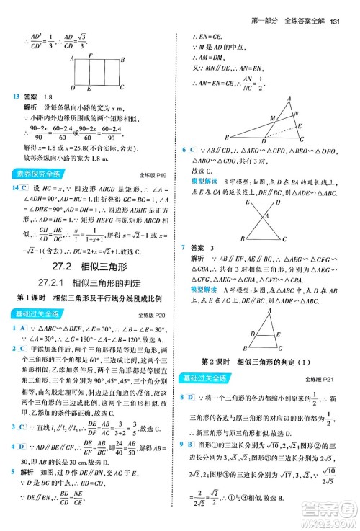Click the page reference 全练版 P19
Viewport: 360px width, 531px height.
(151, 174)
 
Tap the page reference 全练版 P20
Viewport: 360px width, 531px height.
(151, 314)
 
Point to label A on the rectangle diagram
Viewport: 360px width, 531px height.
(72, 60)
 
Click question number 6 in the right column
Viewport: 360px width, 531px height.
(184, 149)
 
